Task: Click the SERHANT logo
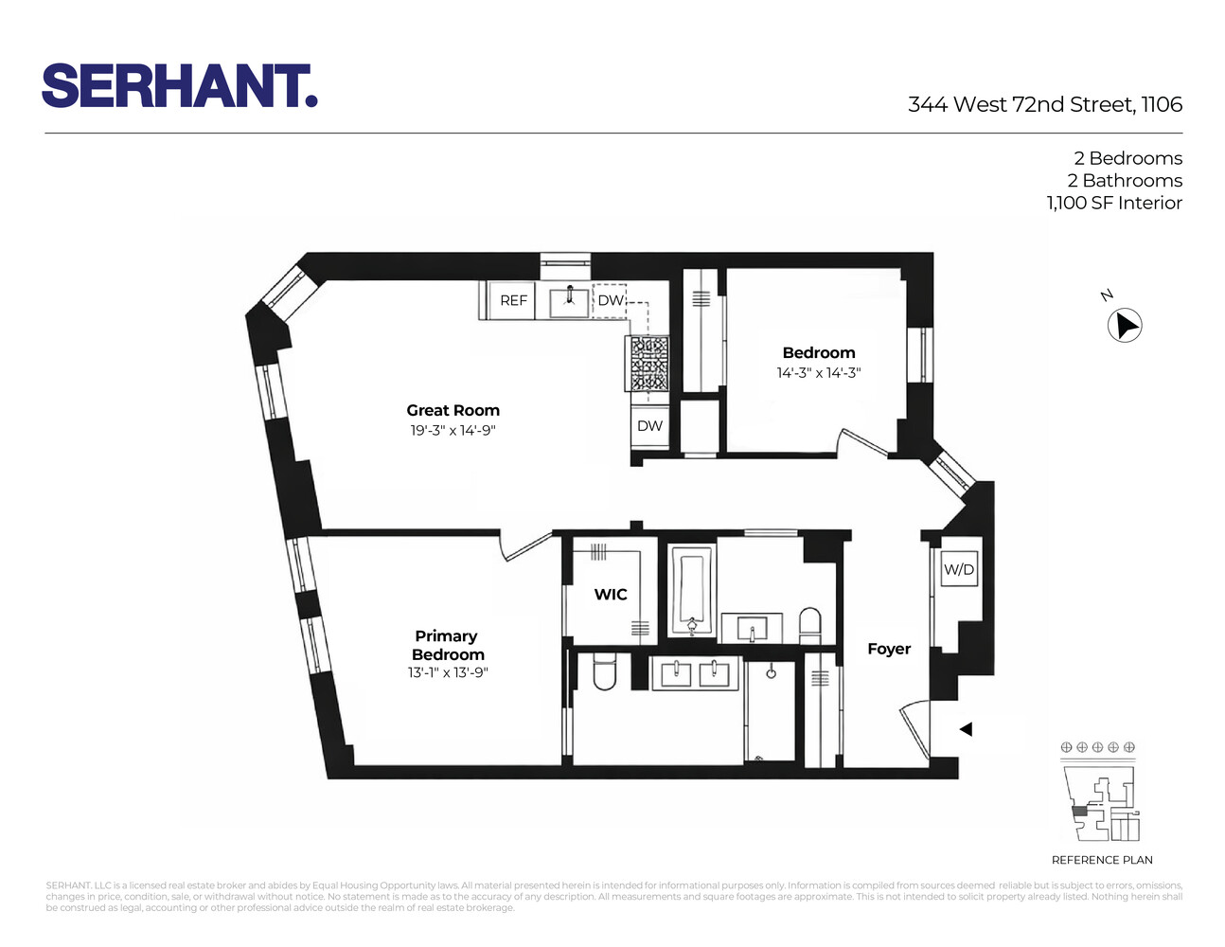click(x=179, y=86)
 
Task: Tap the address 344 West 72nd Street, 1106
click(x=1044, y=105)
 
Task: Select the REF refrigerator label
click(x=513, y=300)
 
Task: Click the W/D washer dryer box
click(x=958, y=569)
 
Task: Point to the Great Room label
click(x=453, y=410)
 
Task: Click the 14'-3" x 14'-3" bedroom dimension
click(x=818, y=373)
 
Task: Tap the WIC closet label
click(x=610, y=595)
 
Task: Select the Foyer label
click(x=888, y=649)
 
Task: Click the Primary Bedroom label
click(x=447, y=645)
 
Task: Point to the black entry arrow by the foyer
click(x=965, y=729)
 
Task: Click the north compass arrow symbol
click(x=1125, y=326)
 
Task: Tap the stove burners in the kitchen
click(x=647, y=365)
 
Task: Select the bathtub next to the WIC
click(x=692, y=590)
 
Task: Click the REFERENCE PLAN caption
click(x=1101, y=860)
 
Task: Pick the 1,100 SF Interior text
click(x=1113, y=203)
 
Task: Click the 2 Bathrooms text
click(x=1124, y=180)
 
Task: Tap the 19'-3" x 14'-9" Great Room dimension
click(x=453, y=431)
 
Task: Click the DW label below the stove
click(x=649, y=426)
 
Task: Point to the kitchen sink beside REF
click(x=569, y=300)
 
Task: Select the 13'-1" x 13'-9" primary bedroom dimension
click(x=447, y=673)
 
